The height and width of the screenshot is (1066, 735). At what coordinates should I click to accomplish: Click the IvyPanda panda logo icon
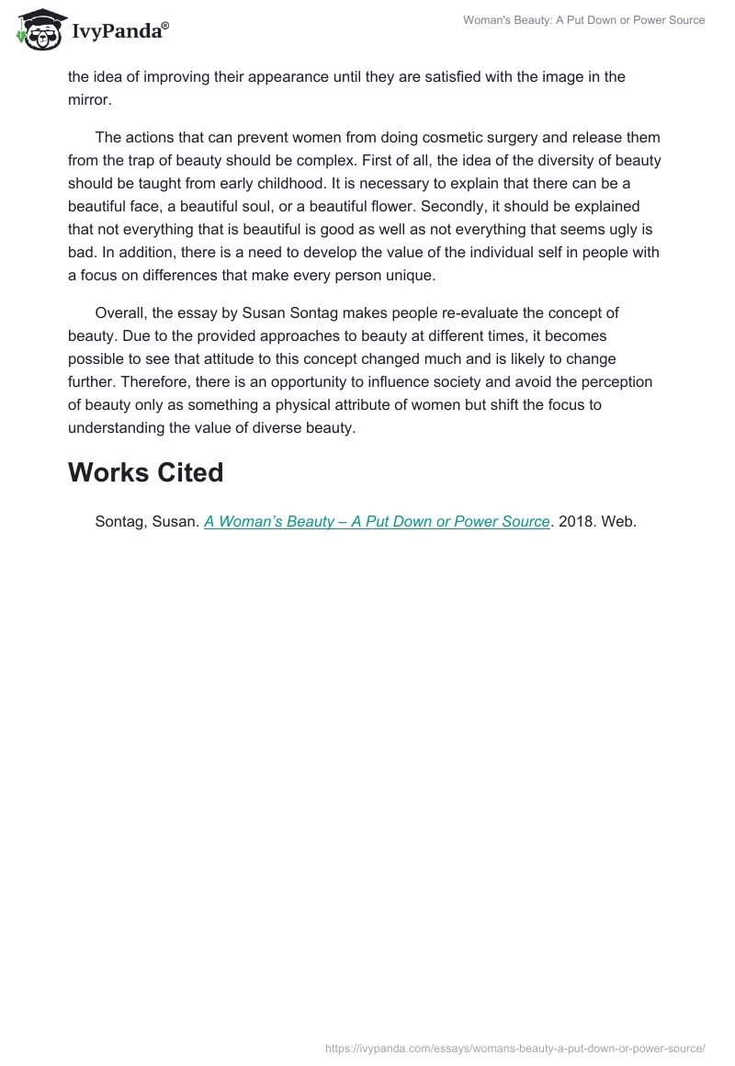coord(38,29)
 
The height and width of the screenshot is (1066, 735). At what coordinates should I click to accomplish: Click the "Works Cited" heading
coord(146,472)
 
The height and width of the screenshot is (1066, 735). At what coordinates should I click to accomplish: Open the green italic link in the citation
coord(377,521)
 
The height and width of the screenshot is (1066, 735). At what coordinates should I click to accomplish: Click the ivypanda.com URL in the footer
coord(515,1047)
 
